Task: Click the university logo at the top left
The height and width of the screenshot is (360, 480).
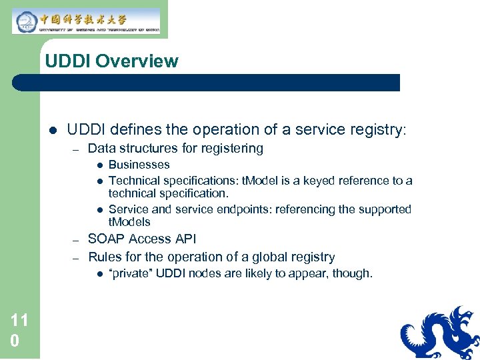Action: (86, 20)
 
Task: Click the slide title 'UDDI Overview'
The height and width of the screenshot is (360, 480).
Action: (111, 61)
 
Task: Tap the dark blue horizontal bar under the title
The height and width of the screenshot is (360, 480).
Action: (207, 83)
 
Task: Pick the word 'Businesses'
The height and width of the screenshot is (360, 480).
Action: (139, 165)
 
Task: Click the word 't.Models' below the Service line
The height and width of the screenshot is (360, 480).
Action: (129, 222)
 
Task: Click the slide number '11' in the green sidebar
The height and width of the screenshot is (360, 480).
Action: (19, 321)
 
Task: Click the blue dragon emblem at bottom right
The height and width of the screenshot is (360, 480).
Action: (440, 333)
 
